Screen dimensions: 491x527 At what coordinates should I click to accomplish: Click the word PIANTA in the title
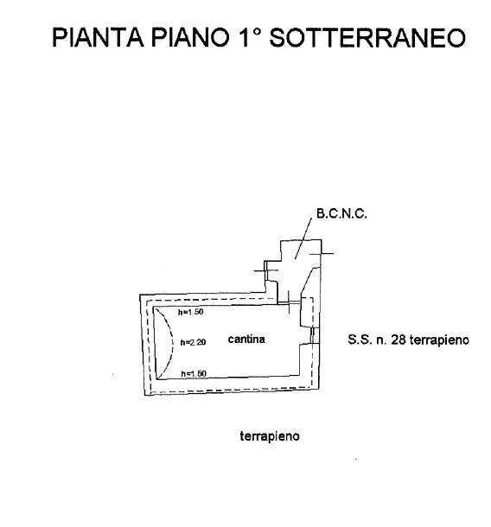click(99, 37)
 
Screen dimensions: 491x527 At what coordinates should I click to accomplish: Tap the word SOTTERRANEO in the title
click(367, 37)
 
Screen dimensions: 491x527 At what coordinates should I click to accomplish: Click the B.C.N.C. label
click(341, 213)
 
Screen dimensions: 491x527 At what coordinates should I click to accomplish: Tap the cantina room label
click(246, 340)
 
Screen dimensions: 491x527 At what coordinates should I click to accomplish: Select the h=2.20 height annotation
click(193, 342)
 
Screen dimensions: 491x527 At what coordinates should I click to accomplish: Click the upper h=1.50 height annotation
click(191, 312)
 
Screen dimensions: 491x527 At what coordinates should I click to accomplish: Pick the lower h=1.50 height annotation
click(194, 373)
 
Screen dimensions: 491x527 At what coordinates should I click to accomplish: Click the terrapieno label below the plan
click(270, 436)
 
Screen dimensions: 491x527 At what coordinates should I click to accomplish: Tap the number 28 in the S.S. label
click(399, 340)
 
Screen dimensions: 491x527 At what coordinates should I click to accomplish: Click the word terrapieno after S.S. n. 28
click(439, 340)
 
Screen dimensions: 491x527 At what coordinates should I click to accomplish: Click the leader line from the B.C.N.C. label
click(303, 238)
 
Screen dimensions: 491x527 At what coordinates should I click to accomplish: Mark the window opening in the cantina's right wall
click(314, 335)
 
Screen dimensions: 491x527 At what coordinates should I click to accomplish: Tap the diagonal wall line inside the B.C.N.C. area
click(307, 280)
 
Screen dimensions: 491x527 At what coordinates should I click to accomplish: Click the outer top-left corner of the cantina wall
click(140, 295)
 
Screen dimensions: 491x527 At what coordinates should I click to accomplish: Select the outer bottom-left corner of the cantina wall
click(145, 395)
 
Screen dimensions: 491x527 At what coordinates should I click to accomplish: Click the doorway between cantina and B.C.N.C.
click(289, 304)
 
